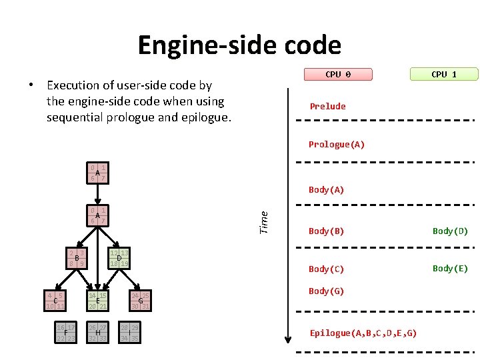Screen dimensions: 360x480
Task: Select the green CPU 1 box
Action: (x=444, y=75)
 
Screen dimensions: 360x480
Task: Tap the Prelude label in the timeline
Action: (x=327, y=106)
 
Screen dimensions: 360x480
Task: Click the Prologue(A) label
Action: (x=336, y=144)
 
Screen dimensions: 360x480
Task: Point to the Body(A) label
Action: (x=326, y=189)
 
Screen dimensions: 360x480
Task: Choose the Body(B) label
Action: (x=326, y=231)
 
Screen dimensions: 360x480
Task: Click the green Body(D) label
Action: (x=450, y=231)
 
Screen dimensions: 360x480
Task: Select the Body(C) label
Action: (x=326, y=269)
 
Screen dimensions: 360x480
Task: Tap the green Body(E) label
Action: (x=450, y=268)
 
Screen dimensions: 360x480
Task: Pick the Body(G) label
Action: (x=326, y=291)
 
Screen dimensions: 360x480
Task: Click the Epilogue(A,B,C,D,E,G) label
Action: (x=363, y=333)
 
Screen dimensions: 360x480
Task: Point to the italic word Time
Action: (x=263, y=222)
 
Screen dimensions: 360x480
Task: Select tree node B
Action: (x=77, y=259)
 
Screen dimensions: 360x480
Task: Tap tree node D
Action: (x=119, y=258)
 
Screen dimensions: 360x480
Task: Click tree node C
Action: (x=55, y=301)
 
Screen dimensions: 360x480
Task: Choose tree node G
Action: (x=140, y=301)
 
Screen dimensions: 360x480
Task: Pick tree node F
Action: (x=66, y=332)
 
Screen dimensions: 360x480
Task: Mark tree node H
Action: (x=98, y=332)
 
